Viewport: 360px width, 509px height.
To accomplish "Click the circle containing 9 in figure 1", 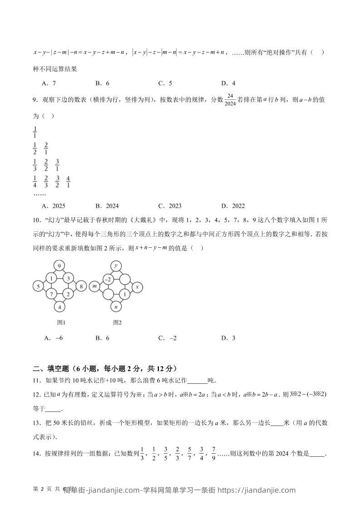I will pos(59,266).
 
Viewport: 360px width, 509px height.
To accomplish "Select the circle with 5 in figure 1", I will pos(39,286).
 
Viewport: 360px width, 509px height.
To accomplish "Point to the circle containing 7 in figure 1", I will pos(53,294).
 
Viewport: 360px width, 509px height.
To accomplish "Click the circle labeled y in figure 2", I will pos(116,266).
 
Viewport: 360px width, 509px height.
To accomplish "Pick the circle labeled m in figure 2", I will pos(95,286).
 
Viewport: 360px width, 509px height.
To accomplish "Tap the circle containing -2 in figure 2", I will pos(109,279).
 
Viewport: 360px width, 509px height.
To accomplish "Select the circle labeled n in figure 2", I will pos(116,307).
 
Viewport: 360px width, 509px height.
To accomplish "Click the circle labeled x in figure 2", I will pos(138,286).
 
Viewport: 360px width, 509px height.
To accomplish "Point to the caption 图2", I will pos(118,323).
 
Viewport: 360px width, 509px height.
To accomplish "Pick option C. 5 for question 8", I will pos(165,83).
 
